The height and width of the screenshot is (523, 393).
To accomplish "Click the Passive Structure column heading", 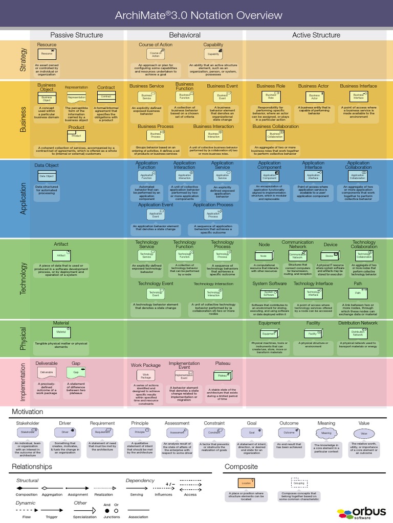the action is [x=76, y=35].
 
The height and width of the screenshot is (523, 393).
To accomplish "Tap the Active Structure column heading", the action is [x=316, y=35].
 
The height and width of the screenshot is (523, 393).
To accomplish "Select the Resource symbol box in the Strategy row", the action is [x=47, y=54].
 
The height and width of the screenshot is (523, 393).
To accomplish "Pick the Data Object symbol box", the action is [x=47, y=176].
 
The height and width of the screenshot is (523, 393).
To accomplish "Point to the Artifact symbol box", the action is [x=61, y=255].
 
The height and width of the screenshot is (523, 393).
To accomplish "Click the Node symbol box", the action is [x=264, y=255].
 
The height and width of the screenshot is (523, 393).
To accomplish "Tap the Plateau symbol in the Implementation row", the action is [x=222, y=375].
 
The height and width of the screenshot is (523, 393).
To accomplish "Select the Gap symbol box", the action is [x=76, y=372].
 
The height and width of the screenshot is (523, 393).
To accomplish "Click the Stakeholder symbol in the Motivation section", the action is [x=28, y=432].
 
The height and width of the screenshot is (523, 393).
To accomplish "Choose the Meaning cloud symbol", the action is [x=326, y=433].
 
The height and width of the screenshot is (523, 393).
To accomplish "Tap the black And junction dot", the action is [x=107, y=510].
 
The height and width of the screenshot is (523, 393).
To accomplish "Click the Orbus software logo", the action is [x=363, y=512].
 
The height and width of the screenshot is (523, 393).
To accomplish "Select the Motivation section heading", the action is [x=28, y=412].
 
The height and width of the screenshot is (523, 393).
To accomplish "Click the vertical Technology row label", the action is [x=23, y=279].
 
